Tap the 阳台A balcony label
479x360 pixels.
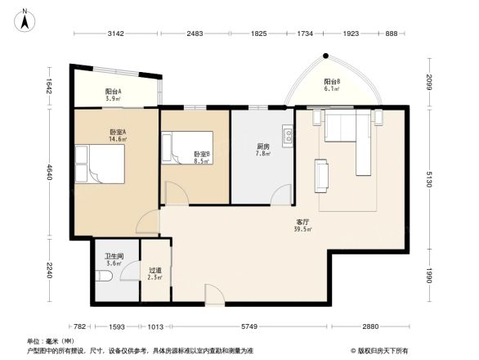pos(114,92)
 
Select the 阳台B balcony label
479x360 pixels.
pos(332,82)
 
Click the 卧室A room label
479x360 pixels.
pos(118,132)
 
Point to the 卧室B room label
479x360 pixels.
pos(202,154)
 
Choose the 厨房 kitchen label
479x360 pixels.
pos(263,146)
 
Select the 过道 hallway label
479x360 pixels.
pos(154,270)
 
